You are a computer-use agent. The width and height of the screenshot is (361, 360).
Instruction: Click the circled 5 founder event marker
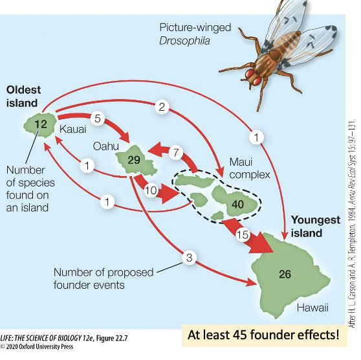96,118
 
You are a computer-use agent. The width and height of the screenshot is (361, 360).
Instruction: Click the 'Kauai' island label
72,130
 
